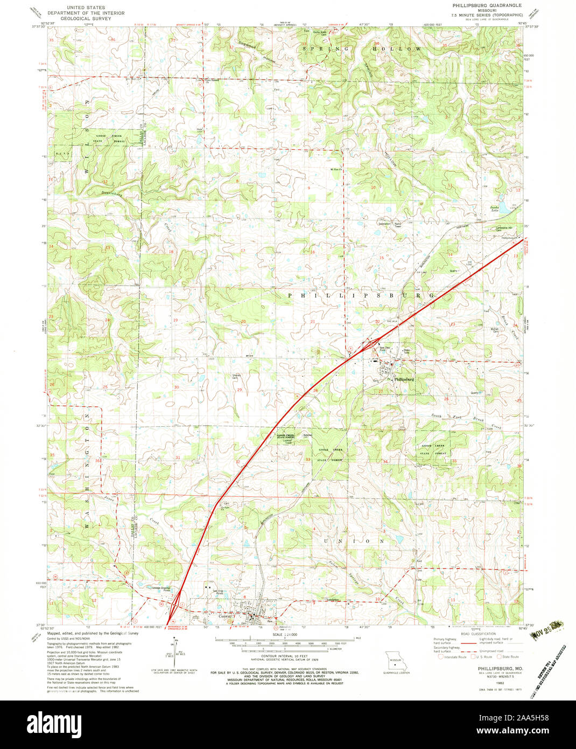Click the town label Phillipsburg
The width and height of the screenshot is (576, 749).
pyautogui.click(x=404, y=379)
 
